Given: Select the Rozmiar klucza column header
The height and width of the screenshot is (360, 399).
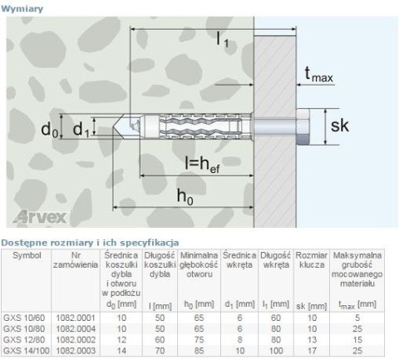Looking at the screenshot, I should tap(312, 259).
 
